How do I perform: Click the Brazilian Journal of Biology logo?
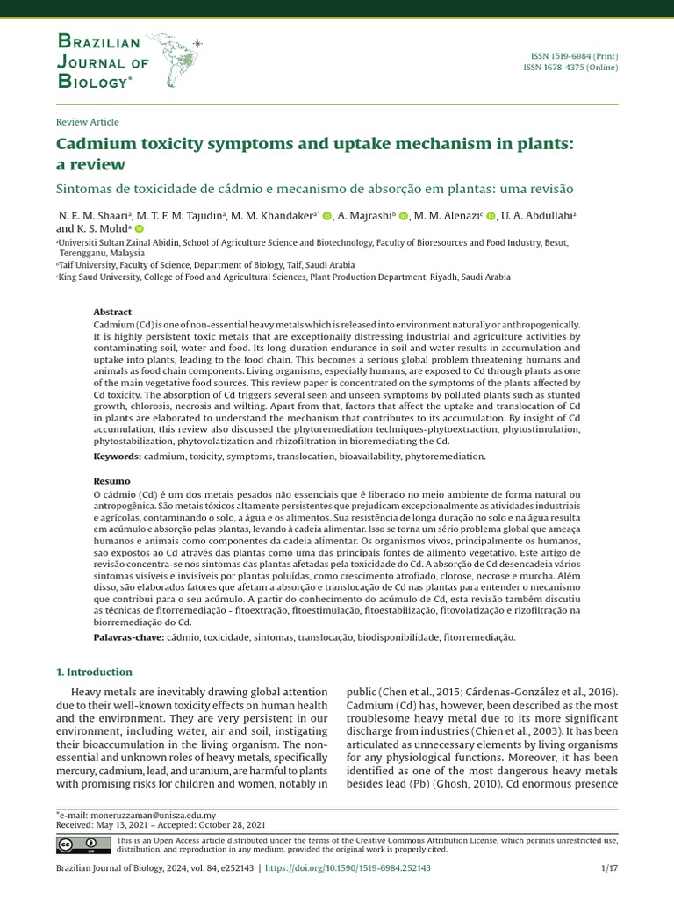128,60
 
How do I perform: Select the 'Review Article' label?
87,122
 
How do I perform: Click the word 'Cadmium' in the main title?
98,143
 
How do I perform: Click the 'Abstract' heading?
112,312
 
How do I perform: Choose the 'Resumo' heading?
111,481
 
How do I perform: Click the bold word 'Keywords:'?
118,457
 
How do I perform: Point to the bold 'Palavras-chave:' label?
128,636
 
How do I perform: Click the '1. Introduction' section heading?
94,672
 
